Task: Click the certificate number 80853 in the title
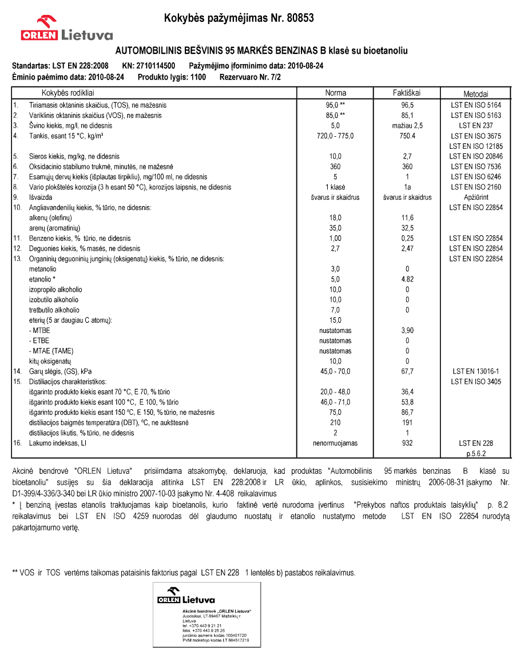[x=297, y=18]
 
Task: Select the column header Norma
[x=335, y=93]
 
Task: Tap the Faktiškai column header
[x=407, y=93]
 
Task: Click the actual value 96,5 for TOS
[x=407, y=105]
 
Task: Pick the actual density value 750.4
[x=407, y=136]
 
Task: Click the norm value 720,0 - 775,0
[x=335, y=136]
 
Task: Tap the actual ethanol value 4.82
[x=407, y=279]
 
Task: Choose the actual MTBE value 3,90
[x=407, y=331]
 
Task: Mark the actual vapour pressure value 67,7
[x=407, y=371]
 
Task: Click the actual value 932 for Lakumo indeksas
[x=407, y=443]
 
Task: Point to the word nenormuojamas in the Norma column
[x=335, y=443]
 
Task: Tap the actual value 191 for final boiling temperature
[x=407, y=422]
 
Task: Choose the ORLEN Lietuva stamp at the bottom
[x=207, y=615]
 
